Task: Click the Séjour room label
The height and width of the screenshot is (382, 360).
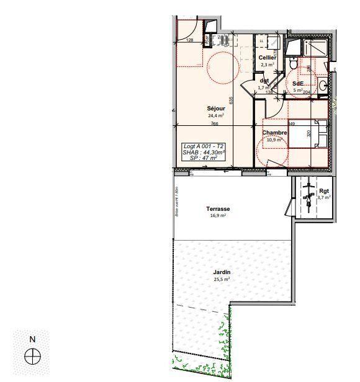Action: [x=216, y=108]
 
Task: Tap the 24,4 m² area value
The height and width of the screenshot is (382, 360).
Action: [x=216, y=115]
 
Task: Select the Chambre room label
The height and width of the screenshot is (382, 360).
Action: [x=274, y=133]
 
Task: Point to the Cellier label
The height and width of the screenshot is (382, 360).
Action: [x=268, y=58]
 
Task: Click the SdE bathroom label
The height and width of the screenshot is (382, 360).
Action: [x=298, y=83]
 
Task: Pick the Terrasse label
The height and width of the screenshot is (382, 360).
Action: [x=218, y=209]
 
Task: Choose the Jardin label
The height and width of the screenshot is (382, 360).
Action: [x=222, y=272]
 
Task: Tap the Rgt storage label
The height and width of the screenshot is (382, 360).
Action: [x=324, y=190]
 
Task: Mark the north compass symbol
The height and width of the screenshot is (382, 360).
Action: [x=32, y=357]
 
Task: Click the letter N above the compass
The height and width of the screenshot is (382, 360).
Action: [x=32, y=339]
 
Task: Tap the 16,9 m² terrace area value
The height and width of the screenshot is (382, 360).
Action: [x=218, y=216]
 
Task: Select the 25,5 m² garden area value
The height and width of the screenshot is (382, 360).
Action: [x=222, y=280]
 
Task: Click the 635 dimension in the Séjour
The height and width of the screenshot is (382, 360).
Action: [x=230, y=100]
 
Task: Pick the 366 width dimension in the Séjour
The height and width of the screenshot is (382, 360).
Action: [x=215, y=123]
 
